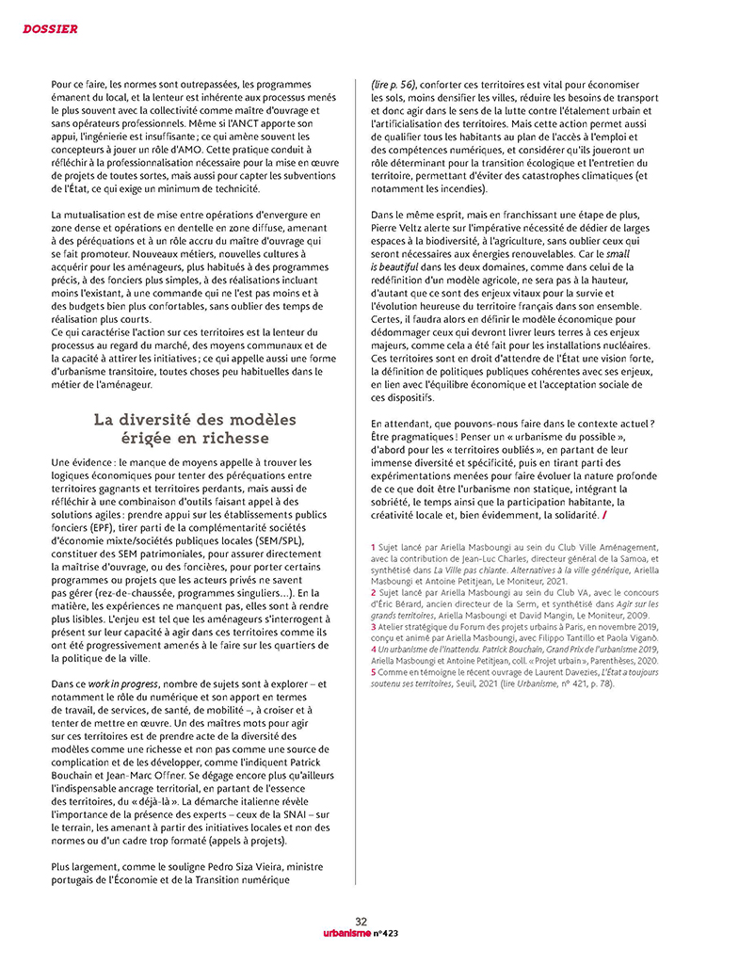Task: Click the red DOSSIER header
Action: (x=50, y=29)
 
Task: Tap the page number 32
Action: (x=361, y=922)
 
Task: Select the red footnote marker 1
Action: (x=373, y=547)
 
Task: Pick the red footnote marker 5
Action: (x=373, y=672)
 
